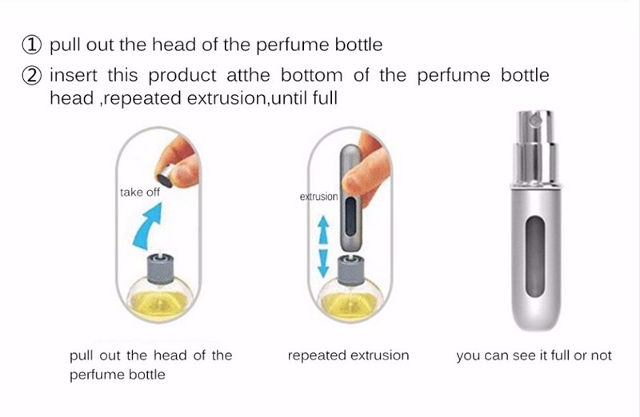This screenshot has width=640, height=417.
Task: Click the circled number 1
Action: point(31,45)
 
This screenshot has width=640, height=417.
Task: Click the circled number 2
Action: point(31,76)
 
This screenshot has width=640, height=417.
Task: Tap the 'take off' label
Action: point(139,193)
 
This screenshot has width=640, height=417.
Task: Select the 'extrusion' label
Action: point(318,197)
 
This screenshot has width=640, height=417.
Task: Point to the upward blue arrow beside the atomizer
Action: point(323,229)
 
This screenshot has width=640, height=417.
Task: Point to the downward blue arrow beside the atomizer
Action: point(323,263)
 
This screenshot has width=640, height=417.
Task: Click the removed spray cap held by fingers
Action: point(165,177)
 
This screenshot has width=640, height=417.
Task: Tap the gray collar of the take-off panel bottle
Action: point(159,268)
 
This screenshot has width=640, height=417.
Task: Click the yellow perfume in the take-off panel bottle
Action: point(159,303)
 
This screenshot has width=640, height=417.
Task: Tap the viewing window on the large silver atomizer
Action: point(535,256)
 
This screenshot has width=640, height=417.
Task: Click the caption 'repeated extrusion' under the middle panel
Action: point(348,355)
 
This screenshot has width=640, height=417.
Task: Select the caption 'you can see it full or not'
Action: point(534,355)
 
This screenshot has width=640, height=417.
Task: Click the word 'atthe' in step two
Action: point(248,75)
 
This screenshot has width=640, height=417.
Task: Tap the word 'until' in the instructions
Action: point(290,98)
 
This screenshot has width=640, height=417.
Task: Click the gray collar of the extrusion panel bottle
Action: point(350,269)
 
